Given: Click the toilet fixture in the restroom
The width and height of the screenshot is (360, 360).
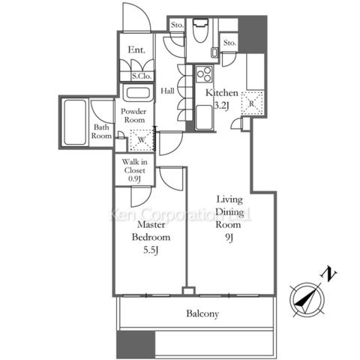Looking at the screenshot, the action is click(x=200, y=30).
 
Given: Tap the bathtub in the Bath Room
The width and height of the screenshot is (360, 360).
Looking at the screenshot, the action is click(x=74, y=122).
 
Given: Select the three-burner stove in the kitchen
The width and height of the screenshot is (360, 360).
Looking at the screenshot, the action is click(x=204, y=74).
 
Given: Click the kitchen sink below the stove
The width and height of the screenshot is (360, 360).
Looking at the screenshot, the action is click(x=204, y=118).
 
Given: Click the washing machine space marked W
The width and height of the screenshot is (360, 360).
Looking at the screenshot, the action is click(x=142, y=140).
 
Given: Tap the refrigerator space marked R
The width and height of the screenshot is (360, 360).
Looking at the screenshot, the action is click(x=252, y=103).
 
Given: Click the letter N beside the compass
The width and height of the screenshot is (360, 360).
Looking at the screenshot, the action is click(x=328, y=274).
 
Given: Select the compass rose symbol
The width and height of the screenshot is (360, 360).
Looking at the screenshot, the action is click(x=307, y=299).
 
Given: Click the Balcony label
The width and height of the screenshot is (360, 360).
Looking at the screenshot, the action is click(x=202, y=313).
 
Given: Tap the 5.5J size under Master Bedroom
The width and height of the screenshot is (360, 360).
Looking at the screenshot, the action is click(x=151, y=250).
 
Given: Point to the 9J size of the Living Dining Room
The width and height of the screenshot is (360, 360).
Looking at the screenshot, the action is click(x=228, y=238).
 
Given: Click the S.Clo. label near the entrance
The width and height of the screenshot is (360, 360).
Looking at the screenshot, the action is click(x=142, y=76).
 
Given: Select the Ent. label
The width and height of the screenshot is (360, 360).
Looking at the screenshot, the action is click(x=136, y=49).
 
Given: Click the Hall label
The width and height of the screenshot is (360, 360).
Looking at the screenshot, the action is click(x=167, y=91).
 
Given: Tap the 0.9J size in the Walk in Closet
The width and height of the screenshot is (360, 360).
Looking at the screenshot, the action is click(x=134, y=179).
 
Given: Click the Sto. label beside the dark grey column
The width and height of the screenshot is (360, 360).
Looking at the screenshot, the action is click(x=229, y=43).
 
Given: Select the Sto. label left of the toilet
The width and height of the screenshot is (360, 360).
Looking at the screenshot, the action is click(x=177, y=25).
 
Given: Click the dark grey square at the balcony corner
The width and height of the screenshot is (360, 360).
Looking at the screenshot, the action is click(x=136, y=344).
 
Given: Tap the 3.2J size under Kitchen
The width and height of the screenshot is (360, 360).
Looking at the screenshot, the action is click(x=221, y=106).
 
